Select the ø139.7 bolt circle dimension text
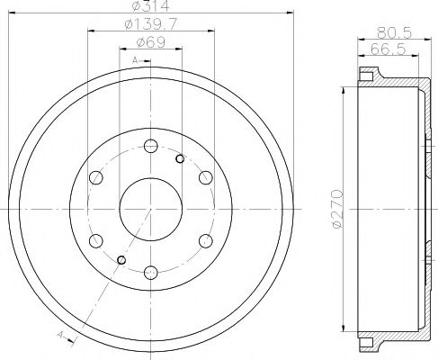click(150, 27)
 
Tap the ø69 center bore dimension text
click(150, 43)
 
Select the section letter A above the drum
click(135, 59)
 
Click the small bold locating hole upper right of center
click(180, 160)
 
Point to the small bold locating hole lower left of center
click(121, 261)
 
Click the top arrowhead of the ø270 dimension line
click(344, 91)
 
